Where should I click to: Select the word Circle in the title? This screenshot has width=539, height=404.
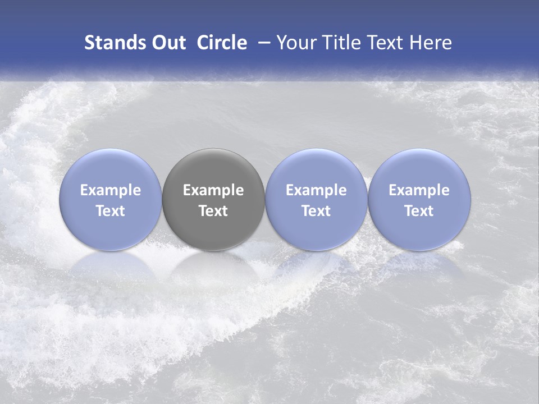(x=222, y=43)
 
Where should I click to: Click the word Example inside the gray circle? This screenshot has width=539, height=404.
(x=213, y=190)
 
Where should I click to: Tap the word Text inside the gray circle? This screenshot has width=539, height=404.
(x=213, y=211)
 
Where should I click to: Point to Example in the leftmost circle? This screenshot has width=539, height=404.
(x=111, y=190)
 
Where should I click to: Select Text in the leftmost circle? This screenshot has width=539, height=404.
(x=111, y=211)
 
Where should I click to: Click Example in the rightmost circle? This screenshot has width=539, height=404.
(x=419, y=190)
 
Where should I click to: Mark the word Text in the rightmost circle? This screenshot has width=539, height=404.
(x=419, y=211)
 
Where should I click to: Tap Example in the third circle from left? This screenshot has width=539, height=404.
(x=316, y=190)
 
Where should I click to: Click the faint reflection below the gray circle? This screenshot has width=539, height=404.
(x=213, y=267)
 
